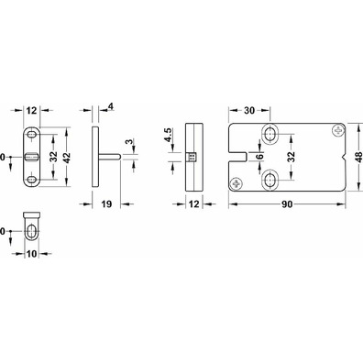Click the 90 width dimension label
287,204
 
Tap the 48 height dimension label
359,156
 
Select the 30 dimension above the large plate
249,111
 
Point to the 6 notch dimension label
259,156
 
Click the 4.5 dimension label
169,135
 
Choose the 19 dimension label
106,203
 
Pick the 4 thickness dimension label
111,106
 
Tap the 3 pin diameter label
129,142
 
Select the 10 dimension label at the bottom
31,254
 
